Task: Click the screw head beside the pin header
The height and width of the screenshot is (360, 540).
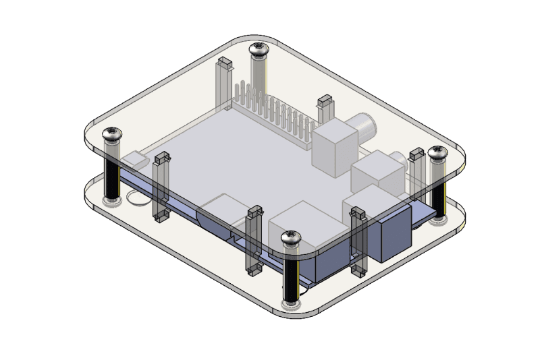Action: click(x=259, y=49)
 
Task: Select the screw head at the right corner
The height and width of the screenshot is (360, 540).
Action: click(x=437, y=154)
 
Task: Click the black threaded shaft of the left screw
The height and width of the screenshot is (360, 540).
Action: click(x=111, y=172)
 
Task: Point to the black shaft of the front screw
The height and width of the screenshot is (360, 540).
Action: click(x=291, y=276)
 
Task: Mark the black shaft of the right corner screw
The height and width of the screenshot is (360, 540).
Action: click(x=438, y=192)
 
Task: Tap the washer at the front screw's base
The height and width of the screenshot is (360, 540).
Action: click(x=291, y=304)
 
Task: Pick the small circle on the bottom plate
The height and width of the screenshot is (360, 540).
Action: click(x=138, y=199)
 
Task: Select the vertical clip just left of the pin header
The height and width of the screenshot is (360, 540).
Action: click(x=223, y=84)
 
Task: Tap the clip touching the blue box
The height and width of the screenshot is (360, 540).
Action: click(x=358, y=243)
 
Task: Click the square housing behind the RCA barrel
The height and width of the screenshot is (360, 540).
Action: click(x=335, y=145)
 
